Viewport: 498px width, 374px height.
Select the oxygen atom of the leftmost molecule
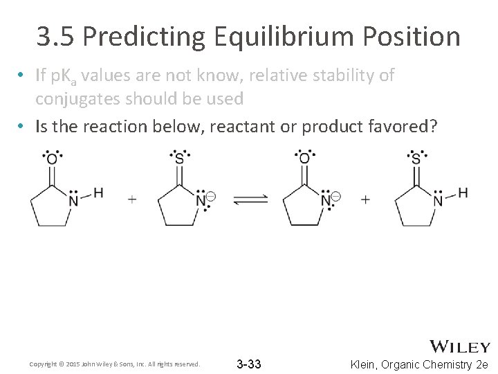(52, 160)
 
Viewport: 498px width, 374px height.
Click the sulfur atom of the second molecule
(180, 160)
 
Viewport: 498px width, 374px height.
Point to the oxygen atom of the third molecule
(304, 160)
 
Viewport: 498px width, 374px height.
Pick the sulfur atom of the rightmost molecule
(416, 160)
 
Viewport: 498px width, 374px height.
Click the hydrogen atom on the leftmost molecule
(98, 193)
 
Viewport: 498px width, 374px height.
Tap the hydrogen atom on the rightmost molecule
(463, 193)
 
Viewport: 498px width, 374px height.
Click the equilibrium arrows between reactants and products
(250, 199)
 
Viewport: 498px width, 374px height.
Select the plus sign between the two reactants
(132, 199)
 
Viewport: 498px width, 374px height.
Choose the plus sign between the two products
(365, 199)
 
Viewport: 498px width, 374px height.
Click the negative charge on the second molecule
(211, 197)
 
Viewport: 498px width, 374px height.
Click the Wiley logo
(460, 346)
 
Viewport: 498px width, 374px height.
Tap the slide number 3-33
(248, 364)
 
